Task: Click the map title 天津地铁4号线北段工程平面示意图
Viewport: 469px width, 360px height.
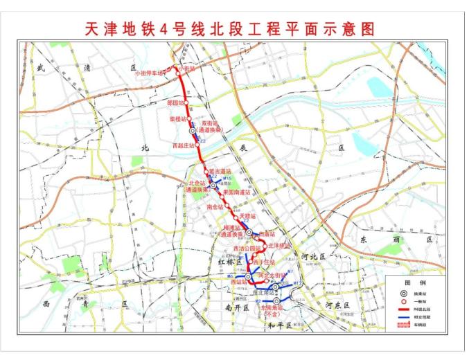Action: click(233, 28)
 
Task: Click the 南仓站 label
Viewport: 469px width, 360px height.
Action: click(215, 206)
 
